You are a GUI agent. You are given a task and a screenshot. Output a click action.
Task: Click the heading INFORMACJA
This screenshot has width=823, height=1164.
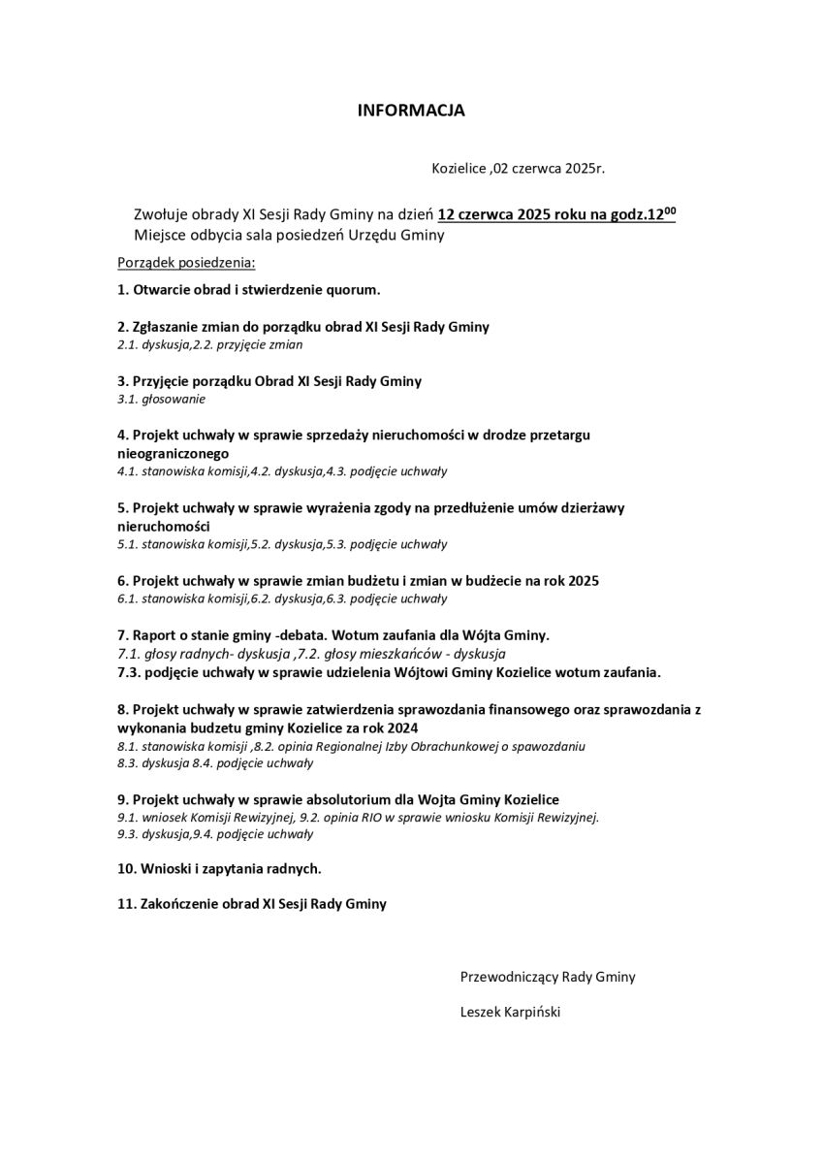pyautogui.click(x=411, y=111)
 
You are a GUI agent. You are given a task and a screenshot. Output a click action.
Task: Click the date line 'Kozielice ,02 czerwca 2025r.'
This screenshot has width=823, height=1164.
pyautogui.click(x=518, y=168)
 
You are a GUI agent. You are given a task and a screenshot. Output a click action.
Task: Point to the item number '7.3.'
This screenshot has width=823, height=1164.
pyautogui.click(x=130, y=671)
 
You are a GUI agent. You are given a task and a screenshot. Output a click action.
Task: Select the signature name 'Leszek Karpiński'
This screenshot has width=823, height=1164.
pyautogui.click(x=511, y=1012)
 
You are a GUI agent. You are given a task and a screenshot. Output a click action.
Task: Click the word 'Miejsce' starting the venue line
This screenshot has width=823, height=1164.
pyautogui.click(x=158, y=235)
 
